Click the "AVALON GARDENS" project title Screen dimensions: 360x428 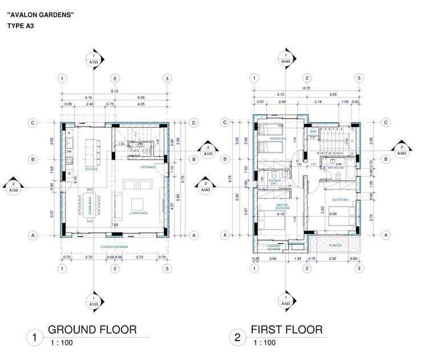(40, 15)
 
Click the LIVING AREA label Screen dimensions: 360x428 (138, 212)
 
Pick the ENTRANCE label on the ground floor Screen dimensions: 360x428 (149, 167)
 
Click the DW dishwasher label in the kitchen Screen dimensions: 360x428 (68, 152)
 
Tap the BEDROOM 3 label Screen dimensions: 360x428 (278, 139)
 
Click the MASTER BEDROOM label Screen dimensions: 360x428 (280, 206)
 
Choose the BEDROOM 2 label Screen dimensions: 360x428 (340, 200)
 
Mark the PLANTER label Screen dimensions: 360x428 (336, 245)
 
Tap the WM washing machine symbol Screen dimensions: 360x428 (313, 131)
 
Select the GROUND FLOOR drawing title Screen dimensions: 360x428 (92, 330)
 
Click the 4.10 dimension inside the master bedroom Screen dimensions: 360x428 (280, 215)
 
